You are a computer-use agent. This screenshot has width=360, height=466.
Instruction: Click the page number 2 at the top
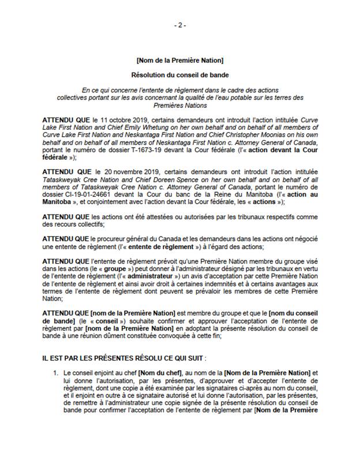coord(179,25)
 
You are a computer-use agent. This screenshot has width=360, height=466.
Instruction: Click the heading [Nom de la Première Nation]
coord(179,60)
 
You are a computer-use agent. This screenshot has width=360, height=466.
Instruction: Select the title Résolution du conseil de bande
coord(179,75)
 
